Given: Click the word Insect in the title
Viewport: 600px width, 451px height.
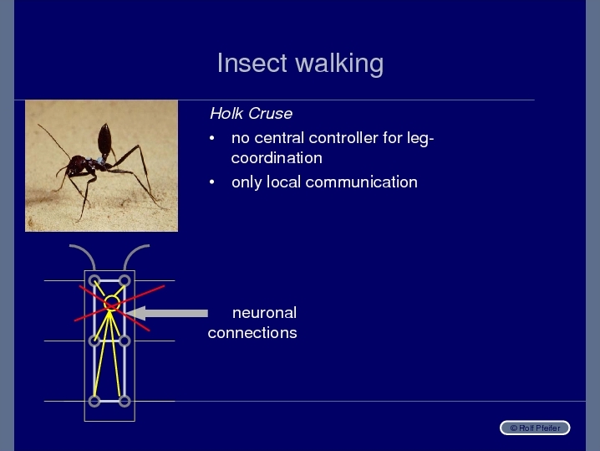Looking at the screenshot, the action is pyautogui.click(x=252, y=63).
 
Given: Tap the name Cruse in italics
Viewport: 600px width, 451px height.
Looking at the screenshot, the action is pyautogui.click(x=270, y=114).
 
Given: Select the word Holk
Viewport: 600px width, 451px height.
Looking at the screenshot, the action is pyautogui.click(x=226, y=114).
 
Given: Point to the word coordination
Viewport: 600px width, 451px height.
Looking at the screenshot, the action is pyautogui.click(x=277, y=158).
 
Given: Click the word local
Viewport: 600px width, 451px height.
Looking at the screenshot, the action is pyautogui.click(x=283, y=182).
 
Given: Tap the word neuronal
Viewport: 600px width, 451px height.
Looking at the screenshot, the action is pyautogui.click(x=264, y=313).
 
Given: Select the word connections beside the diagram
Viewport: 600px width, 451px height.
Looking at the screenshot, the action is pyautogui.click(x=252, y=332).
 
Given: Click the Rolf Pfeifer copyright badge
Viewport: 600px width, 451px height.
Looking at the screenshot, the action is pyautogui.click(x=535, y=428).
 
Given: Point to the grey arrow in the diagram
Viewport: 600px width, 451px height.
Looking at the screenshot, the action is pyautogui.click(x=167, y=313).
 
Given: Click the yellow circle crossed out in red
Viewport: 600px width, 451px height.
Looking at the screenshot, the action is pyautogui.click(x=112, y=303).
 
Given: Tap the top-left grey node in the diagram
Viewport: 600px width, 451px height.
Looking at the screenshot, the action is pyautogui.click(x=94, y=281).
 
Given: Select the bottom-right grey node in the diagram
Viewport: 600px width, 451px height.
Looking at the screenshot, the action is pyautogui.click(x=125, y=401).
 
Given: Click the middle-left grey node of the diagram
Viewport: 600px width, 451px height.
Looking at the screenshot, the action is pyautogui.click(x=94, y=341).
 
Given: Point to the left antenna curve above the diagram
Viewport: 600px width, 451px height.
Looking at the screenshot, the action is pyautogui.click(x=85, y=251).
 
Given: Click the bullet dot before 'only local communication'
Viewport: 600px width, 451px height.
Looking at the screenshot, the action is pyautogui.click(x=212, y=182).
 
